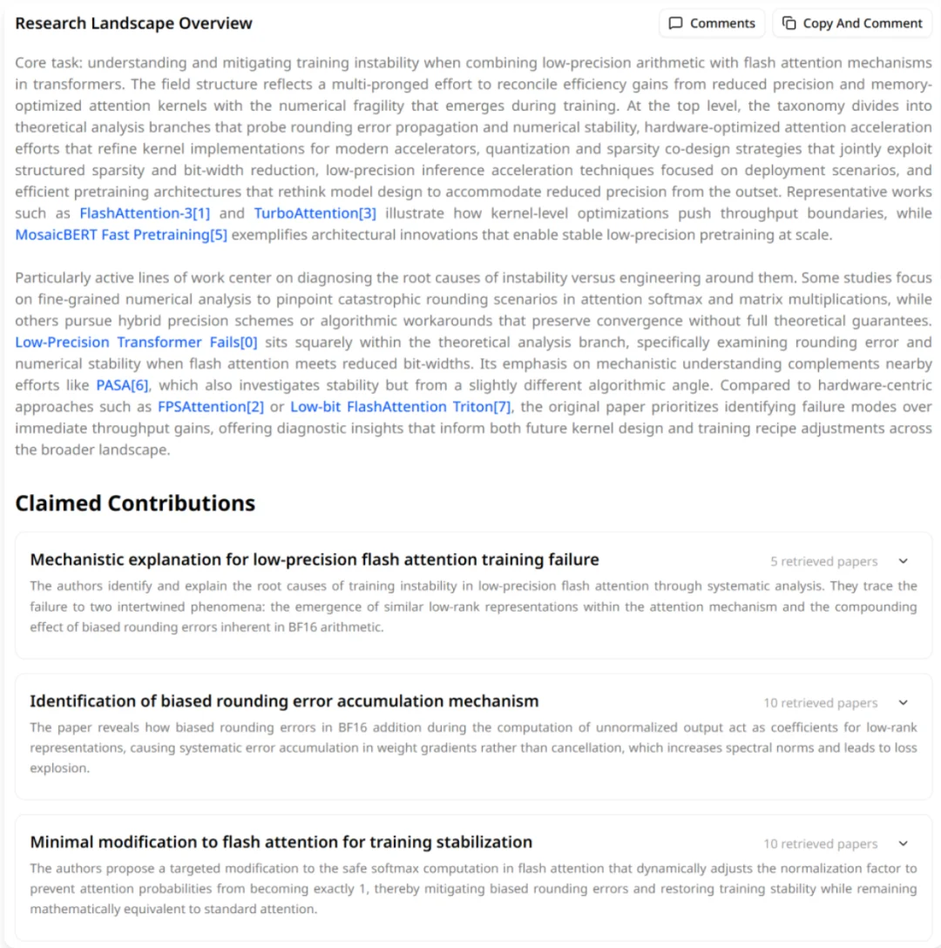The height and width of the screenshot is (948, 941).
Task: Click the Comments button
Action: (x=711, y=24)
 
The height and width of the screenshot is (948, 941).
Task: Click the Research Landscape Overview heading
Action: (x=133, y=24)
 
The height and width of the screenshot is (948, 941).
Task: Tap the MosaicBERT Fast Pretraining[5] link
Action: (x=121, y=234)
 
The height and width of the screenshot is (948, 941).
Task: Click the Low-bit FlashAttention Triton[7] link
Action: (x=402, y=407)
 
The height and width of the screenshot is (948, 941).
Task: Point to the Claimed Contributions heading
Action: (x=135, y=504)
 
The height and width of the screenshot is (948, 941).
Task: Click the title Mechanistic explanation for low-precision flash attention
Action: (x=315, y=559)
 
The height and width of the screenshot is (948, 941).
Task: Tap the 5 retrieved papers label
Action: (x=823, y=562)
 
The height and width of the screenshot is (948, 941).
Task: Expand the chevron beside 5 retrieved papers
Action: (x=903, y=562)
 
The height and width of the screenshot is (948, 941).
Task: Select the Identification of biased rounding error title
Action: (x=284, y=701)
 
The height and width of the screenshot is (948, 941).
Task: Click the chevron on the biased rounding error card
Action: (x=903, y=703)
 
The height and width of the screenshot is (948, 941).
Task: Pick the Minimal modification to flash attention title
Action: (x=281, y=842)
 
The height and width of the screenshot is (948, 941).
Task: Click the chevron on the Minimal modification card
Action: (x=903, y=844)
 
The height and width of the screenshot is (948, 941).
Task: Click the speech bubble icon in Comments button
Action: (x=675, y=24)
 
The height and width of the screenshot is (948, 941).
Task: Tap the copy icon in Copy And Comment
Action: (x=789, y=24)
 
